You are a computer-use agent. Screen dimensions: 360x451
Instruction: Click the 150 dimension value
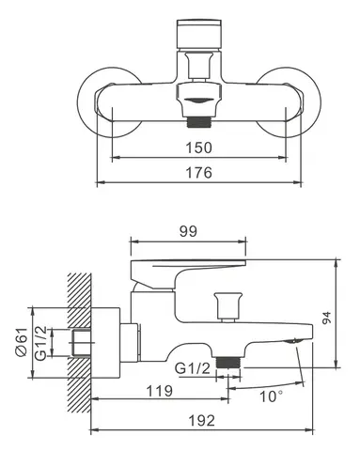(x=199, y=148)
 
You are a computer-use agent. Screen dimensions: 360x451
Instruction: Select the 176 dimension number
(x=199, y=172)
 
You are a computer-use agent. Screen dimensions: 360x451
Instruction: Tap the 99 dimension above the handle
(x=188, y=231)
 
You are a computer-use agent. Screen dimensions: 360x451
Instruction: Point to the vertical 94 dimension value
(x=326, y=318)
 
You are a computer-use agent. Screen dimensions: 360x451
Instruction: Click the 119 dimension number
(x=160, y=391)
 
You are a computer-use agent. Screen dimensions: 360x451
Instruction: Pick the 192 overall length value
(x=202, y=420)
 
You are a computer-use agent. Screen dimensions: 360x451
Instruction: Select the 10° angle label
(x=271, y=397)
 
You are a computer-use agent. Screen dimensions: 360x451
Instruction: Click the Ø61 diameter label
(x=22, y=342)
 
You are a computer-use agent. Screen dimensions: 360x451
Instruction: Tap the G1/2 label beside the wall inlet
(x=40, y=343)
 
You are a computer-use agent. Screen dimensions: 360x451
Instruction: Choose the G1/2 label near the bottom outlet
(x=193, y=368)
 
